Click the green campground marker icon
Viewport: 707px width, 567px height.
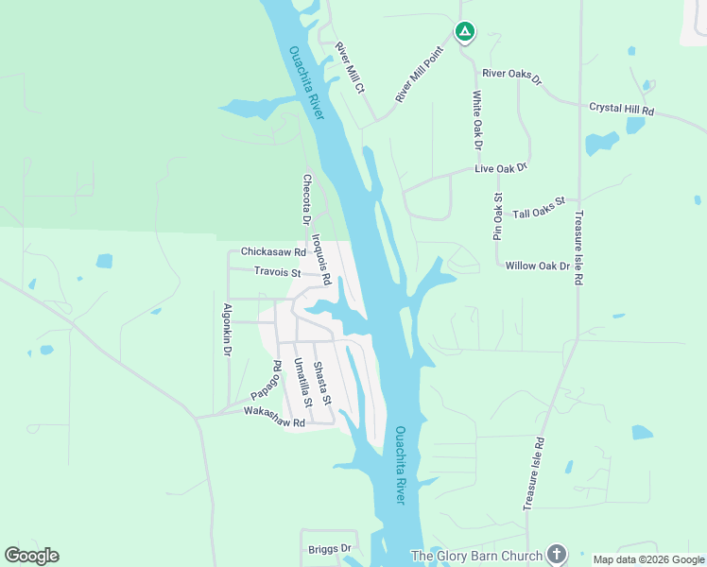[x=464, y=32]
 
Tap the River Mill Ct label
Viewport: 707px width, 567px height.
[x=350, y=67]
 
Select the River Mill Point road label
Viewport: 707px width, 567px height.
[x=420, y=76]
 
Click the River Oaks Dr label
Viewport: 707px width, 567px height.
[x=511, y=75]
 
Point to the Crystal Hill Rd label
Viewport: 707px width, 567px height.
[x=621, y=110]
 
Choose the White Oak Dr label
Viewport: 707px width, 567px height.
[x=477, y=120]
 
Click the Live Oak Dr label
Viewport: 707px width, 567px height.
[x=500, y=167]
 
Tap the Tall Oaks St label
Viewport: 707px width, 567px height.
[x=538, y=208]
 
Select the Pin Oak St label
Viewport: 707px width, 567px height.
[x=497, y=216]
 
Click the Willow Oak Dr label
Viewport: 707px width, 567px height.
[x=538, y=266]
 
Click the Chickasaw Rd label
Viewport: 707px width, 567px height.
[x=273, y=252]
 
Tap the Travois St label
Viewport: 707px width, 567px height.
[x=277, y=273]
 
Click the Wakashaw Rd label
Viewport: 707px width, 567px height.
[x=274, y=418]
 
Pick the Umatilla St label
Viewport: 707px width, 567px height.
[x=302, y=382]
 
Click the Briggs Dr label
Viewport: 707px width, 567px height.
[x=330, y=548]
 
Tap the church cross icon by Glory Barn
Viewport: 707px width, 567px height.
[x=557, y=554]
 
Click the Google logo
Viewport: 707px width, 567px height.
[x=31, y=555]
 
